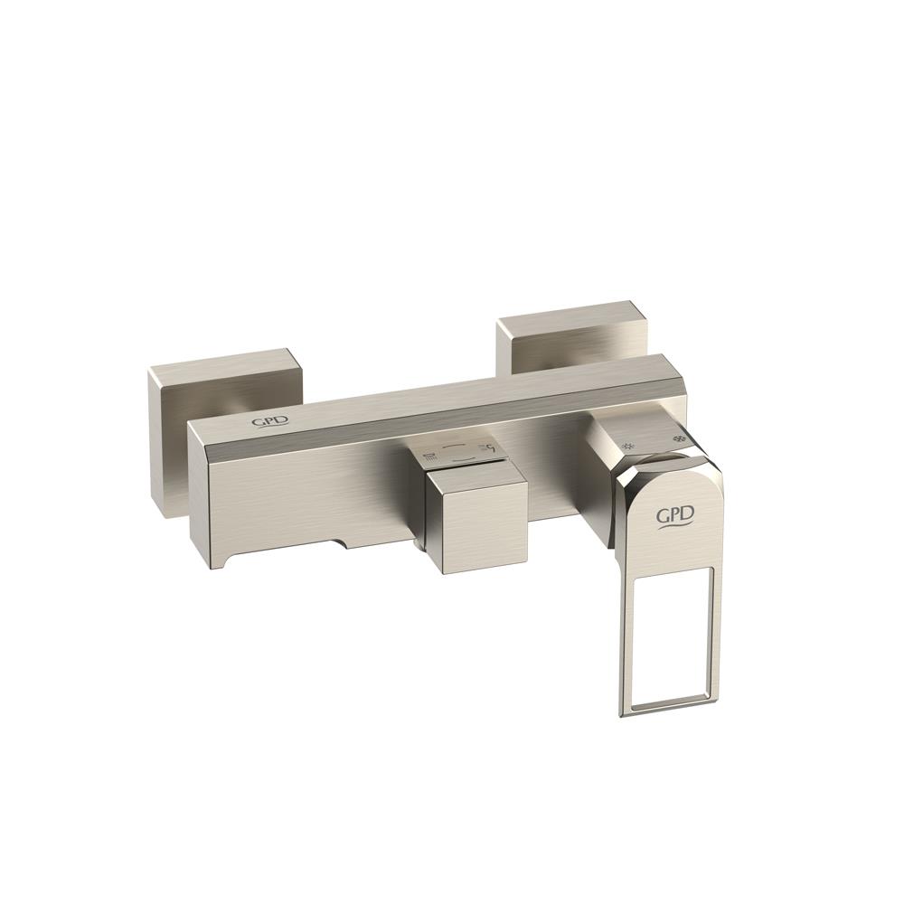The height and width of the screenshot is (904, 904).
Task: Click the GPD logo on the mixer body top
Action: click(x=264, y=422)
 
